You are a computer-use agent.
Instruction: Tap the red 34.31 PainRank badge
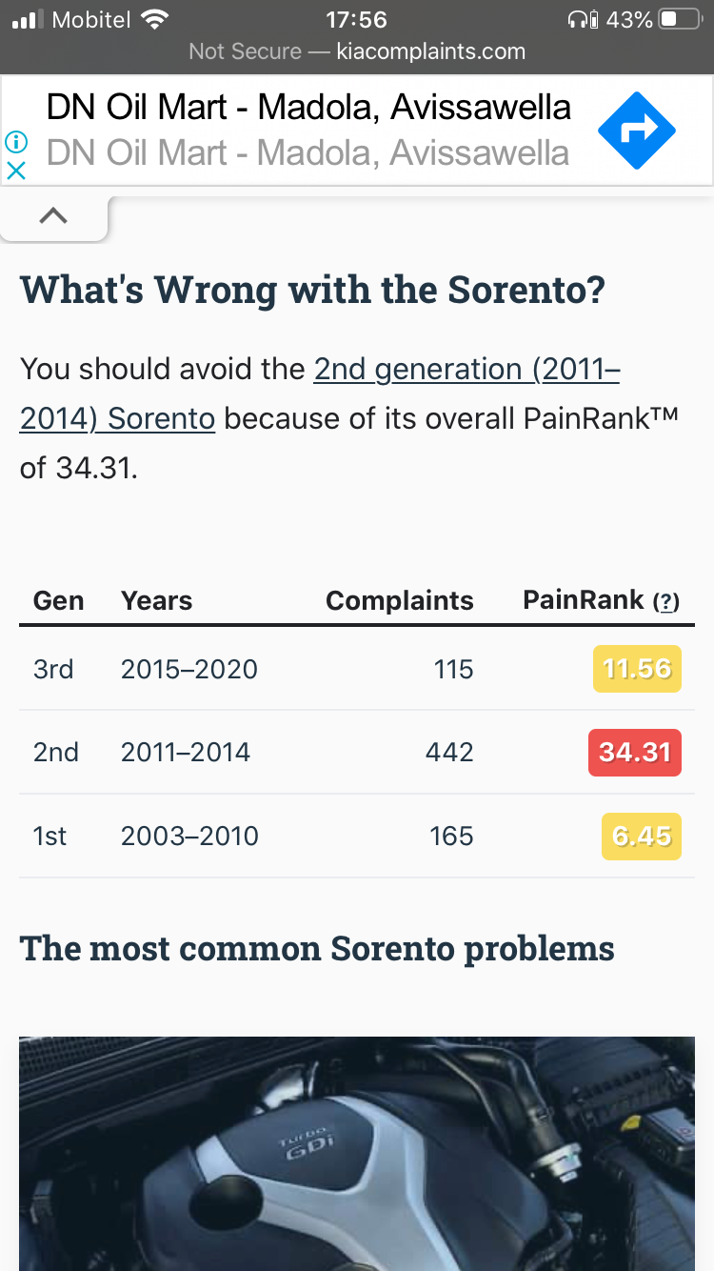[x=635, y=753]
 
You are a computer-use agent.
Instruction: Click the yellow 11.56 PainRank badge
[x=637, y=669]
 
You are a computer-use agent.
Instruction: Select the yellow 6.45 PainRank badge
[x=642, y=837]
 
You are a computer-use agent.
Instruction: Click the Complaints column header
[x=399, y=600]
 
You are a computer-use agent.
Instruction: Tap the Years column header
[x=156, y=600]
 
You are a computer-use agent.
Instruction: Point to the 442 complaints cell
[x=449, y=753]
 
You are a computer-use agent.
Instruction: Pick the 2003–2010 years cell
[x=189, y=837]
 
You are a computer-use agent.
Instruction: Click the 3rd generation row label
[x=53, y=669]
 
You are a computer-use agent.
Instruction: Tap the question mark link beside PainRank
[x=665, y=601]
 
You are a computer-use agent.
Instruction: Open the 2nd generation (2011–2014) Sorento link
[x=320, y=393]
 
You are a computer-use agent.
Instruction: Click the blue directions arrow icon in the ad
[x=637, y=131]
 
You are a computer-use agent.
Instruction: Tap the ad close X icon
[x=16, y=171]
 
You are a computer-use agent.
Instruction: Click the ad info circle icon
[x=16, y=142]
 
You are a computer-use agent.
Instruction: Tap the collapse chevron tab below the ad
[x=53, y=216]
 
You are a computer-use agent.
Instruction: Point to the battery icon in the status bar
[x=681, y=20]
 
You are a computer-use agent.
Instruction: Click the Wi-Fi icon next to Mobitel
[x=155, y=20]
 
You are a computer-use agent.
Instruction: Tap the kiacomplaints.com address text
[x=430, y=51]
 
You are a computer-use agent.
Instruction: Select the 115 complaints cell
[x=454, y=669]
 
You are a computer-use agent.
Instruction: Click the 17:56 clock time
[x=356, y=20]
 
